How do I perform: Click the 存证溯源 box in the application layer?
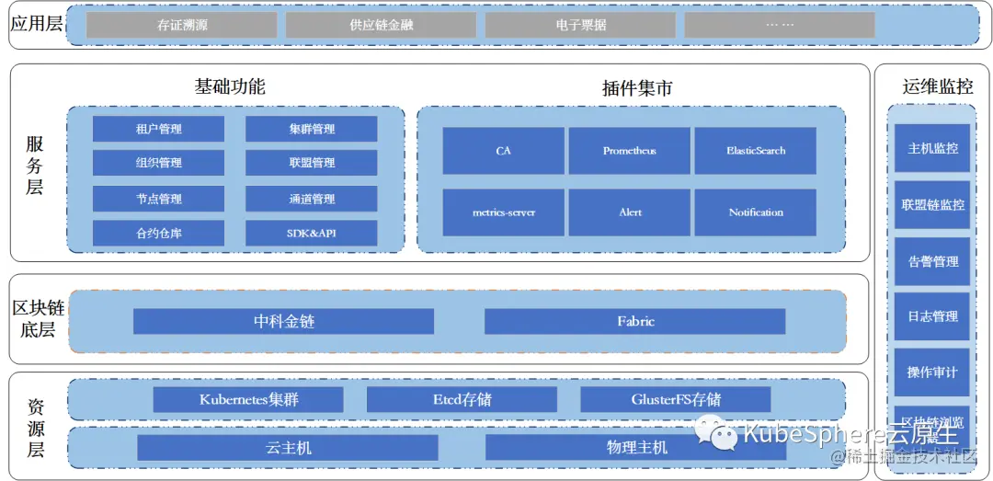[182, 25]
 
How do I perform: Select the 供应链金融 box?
[382, 25]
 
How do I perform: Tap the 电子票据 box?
[581, 25]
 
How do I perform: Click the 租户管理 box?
[158, 129]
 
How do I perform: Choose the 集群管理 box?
[311, 129]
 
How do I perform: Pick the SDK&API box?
[311, 233]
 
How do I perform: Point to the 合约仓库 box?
[158, 233]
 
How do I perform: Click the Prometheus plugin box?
[629, 151]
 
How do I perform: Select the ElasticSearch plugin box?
[755, 151]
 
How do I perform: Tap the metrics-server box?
[503, 212]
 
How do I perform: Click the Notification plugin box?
[755, 212]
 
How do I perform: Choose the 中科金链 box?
[283, 321]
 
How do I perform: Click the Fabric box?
[634, 321]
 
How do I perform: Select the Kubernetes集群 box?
[248, 399]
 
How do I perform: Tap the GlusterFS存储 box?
[675, 399]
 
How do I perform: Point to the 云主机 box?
[288, 447]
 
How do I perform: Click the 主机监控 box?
[932, 148]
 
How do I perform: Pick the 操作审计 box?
[932, 372]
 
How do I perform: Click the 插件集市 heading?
[636, 88]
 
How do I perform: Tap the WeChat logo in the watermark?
[715, 432]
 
